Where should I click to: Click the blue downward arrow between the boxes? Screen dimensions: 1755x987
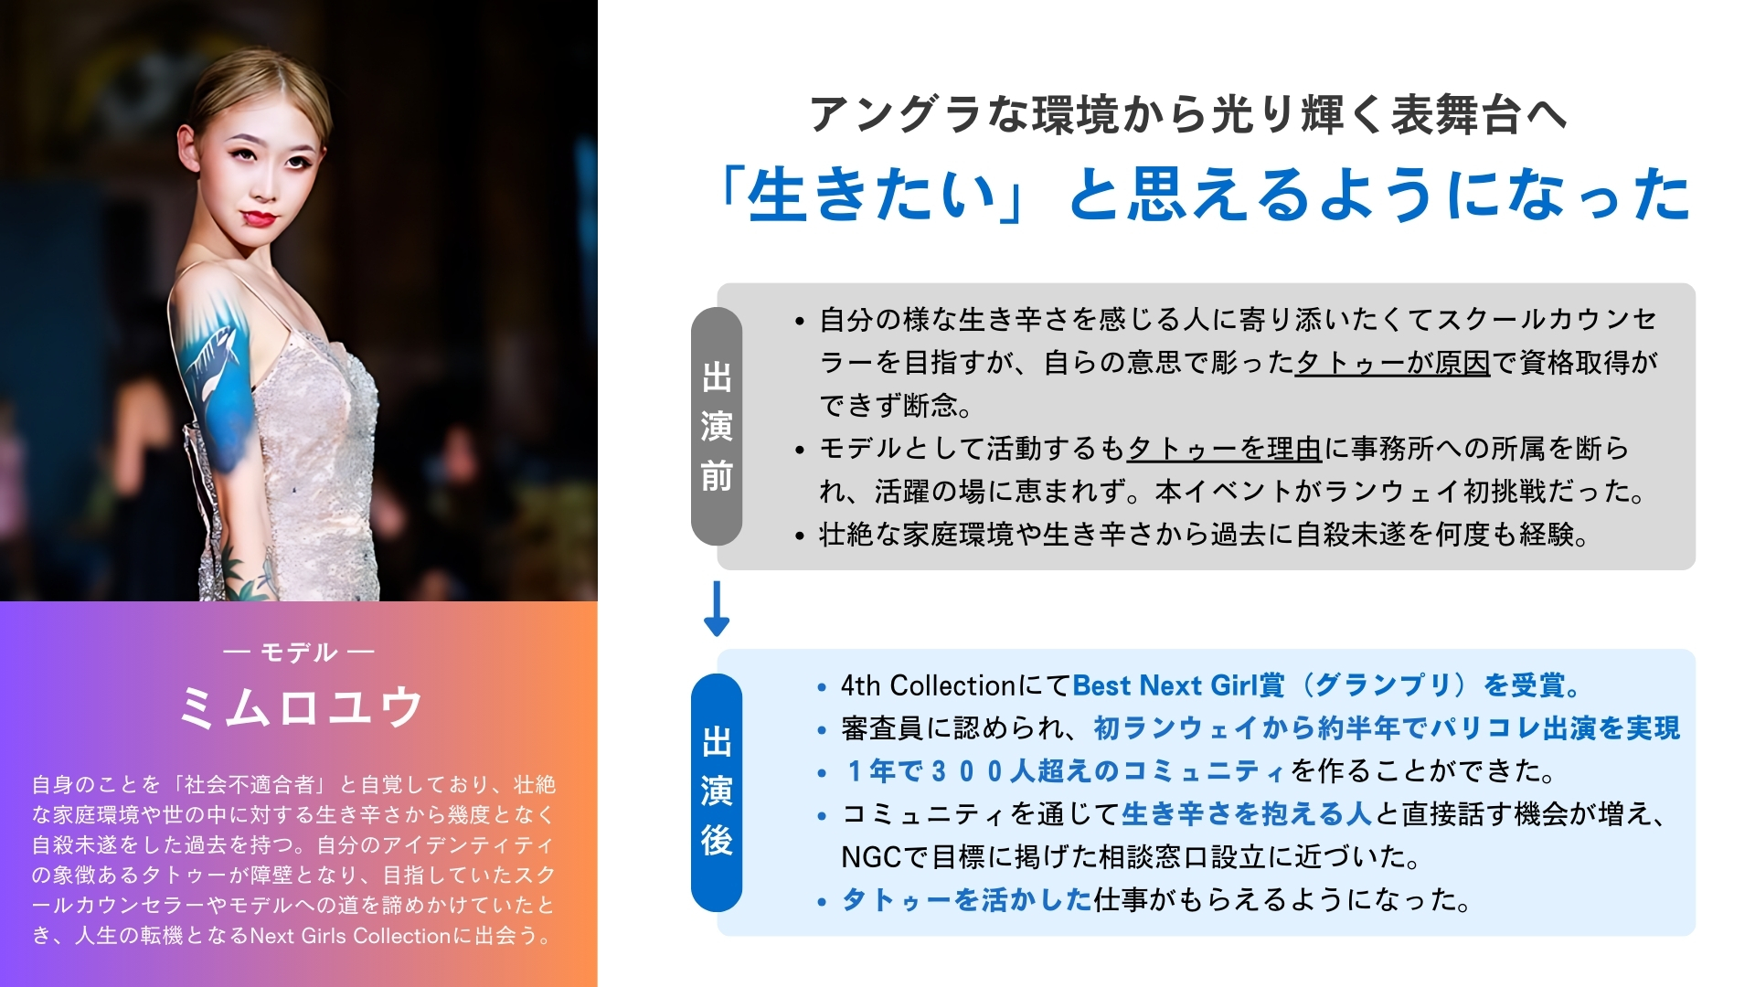coord(717,609)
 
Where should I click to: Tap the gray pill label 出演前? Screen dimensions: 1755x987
coord(717,427)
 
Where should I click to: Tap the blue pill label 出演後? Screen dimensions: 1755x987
coord(717,792)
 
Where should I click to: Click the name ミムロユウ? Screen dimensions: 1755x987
coord(299,706)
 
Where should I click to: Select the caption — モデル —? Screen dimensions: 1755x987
coord(299,652)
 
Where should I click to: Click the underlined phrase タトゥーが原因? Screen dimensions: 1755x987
coord(1393,362)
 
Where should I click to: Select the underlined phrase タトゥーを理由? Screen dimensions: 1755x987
coord(1225,448)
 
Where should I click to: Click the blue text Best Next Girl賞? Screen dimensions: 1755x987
coord(1178,685)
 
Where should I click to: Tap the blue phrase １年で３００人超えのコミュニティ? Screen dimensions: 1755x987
coord(1066,770)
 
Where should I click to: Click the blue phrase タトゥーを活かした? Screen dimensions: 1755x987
coord(967,899)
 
